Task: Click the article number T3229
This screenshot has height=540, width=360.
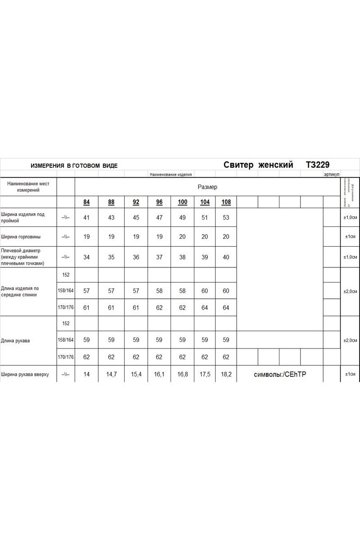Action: click(318, 165)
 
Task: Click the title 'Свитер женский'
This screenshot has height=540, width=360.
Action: click(258, 165)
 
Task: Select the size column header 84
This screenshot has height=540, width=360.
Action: click(86, 202)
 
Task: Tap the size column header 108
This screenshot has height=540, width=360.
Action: click(226, 202)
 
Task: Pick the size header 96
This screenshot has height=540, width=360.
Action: click(159, 202)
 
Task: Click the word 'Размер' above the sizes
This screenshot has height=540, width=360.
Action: click(207, 187)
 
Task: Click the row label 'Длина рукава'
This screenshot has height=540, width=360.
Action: click(16, 341)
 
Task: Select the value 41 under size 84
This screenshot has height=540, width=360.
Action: click(86, 217)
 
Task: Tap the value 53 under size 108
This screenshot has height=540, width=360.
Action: click(226, 217)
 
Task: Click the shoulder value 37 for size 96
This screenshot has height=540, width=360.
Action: click(159, 257)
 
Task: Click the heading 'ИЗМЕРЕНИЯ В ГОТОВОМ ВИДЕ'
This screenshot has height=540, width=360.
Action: click(74, 166)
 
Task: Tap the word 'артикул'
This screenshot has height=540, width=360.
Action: click(332, 174)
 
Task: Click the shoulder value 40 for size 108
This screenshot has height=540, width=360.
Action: click(226, 257)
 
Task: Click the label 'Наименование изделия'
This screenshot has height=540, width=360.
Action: click(171, 174)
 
